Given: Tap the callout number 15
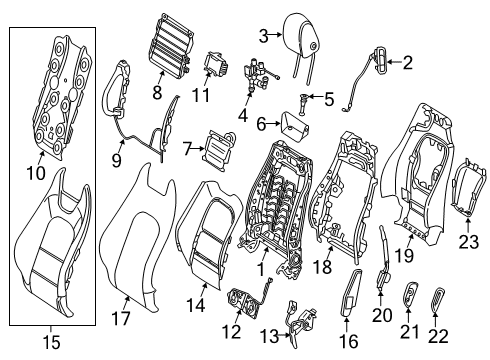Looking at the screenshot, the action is tap(52, 342).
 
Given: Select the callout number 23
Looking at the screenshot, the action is tap(468, 242).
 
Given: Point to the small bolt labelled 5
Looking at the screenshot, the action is tap(304, 104).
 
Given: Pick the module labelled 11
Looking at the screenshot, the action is tap(215, 64).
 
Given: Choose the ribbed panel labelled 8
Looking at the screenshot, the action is tap(170, 43).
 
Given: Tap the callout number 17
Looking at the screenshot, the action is tap(121, 318).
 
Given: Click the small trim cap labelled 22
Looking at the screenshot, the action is tap(438, 299).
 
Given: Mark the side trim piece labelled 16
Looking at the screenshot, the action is tap(351, 292).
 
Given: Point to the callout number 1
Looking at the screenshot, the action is tap(261, 269).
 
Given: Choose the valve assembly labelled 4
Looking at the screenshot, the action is tap(257, 75).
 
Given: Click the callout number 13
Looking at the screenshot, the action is tap(269, 337).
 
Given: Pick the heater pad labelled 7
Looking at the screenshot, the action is tap(218, 150).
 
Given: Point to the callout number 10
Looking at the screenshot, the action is tap(36, 173).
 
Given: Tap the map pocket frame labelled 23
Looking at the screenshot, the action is tap(468, 188).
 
